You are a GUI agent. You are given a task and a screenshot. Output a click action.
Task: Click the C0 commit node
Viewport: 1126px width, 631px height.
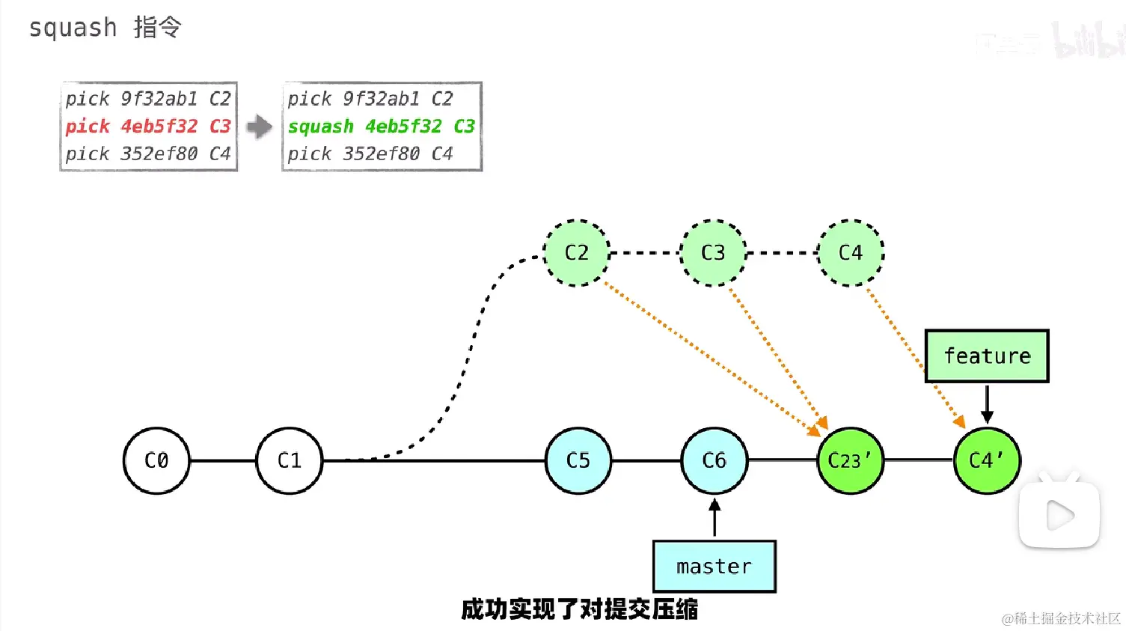coord(156,460)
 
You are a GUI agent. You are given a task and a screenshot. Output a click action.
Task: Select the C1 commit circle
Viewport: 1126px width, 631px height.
coord(290,460)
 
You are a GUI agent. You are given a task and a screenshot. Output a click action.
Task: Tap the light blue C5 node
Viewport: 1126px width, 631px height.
coord(578,460)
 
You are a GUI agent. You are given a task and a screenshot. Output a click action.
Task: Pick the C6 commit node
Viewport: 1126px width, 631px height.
coord(715,460)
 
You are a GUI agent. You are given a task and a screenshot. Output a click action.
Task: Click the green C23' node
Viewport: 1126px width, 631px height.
coord(851,460)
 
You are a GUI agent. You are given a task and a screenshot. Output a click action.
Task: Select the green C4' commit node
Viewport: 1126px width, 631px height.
coord(987,460)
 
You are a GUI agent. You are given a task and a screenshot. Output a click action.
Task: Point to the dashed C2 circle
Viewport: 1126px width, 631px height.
coord(577,253)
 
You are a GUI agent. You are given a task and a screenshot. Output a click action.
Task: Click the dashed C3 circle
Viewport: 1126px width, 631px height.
coord(713,253)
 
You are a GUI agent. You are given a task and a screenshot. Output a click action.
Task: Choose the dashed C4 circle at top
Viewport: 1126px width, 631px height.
coord(851,253)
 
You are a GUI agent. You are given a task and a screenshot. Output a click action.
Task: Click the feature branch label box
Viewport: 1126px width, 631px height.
coord(987,356)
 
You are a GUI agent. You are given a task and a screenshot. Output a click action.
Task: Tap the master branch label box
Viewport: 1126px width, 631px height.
coord(715,567)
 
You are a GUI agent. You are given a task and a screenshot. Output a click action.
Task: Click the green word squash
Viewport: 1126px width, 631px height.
coord(321,126)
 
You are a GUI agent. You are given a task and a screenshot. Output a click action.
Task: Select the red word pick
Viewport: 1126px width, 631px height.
coord(88,126)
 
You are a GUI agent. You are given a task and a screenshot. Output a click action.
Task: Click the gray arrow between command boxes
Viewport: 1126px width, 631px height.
coord(260,126)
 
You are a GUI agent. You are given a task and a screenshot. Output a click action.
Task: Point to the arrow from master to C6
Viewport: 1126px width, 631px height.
coord(715,518)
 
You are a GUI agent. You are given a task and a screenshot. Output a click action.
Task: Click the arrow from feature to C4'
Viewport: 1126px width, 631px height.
coord(987,404)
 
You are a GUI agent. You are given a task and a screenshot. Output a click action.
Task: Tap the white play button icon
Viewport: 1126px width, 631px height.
coord(1059,515)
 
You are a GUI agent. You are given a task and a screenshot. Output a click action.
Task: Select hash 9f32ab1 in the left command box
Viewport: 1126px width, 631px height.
coord(159,99)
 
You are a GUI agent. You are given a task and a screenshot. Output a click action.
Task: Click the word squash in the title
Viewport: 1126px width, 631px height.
coord(73,28)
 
